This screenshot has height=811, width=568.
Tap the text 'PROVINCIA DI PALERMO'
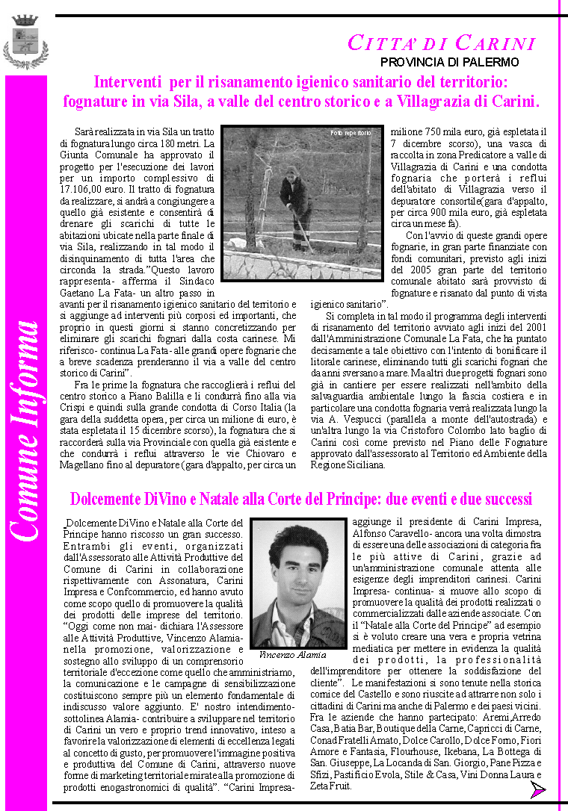coord(449,62)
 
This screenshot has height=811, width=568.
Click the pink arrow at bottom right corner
coord(538,790)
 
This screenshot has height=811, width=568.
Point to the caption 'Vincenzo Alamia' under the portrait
coord(292,654)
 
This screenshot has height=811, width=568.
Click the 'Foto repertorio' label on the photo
coord(351,133)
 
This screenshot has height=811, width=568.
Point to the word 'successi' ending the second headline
coord(505,498)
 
